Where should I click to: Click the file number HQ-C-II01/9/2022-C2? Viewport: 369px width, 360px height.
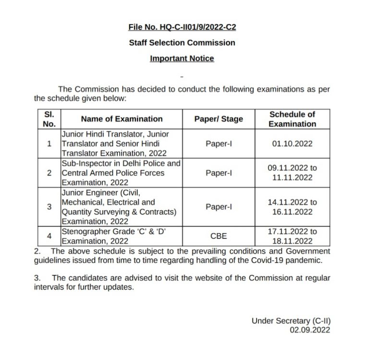pos(182,27)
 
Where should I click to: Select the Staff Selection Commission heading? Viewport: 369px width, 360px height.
pos(182,43)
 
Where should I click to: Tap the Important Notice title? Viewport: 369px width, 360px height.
pos(182,59)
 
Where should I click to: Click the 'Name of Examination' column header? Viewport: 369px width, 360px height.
pos(122,119)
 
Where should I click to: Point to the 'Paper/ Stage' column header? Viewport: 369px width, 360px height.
pos(219,119)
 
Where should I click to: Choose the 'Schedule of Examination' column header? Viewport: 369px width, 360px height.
pos(292,119)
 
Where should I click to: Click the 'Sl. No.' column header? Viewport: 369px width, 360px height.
pos(49,119)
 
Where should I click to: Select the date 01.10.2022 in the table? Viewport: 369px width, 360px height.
pos(292,144)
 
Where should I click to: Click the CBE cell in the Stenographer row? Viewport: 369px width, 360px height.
pos(219,236)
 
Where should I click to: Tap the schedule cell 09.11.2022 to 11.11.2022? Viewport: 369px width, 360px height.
pos(292,173)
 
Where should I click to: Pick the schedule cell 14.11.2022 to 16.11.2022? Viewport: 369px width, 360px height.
pos(292,207)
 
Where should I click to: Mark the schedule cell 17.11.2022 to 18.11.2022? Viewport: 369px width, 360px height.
pos(292,236)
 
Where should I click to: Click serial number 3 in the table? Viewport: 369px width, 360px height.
pos(49,207)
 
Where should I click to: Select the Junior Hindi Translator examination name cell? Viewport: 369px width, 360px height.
pos(115,144)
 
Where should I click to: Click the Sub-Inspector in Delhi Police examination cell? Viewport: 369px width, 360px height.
pos(121,173)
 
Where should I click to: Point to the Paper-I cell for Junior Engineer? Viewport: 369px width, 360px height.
pos(219,207)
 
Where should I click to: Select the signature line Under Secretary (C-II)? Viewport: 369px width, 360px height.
pos(291,321)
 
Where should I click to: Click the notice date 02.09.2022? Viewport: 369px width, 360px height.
pos(310,330)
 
